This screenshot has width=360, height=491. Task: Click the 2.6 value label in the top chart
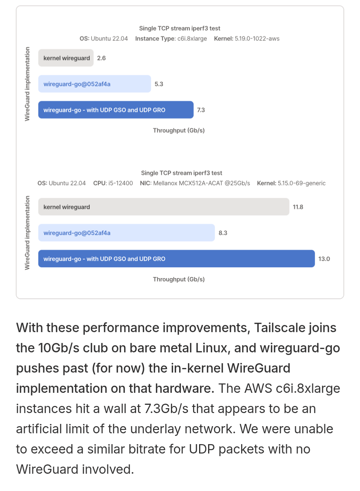coord(101,58)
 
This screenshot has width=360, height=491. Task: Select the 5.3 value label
coord(159,84)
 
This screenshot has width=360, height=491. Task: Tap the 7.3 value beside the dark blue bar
coord(201,110)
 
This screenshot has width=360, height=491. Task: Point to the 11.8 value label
coord(298,207)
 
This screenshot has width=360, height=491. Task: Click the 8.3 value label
coord(223,233)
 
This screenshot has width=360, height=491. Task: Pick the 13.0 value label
coord(324,259)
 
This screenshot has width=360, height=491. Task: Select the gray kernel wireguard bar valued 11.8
coord(164,207)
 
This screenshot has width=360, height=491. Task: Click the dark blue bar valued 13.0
coord(177,259)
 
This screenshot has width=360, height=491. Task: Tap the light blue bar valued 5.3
coord(95,84)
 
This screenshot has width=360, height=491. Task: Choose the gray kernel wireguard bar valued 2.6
coord(66,58)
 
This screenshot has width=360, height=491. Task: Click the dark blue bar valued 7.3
coord(116,109)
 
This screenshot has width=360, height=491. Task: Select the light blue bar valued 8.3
coord(126,232)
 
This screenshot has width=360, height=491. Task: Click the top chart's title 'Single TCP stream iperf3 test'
coord(180,28)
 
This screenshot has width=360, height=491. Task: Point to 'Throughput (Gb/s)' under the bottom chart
coord(178,279)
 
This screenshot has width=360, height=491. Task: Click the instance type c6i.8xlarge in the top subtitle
coord(192,39)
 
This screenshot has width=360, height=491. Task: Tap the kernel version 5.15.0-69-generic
coord(301,183)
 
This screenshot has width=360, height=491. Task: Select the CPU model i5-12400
coord(121,183)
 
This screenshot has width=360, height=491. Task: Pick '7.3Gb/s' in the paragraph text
coord(166,409)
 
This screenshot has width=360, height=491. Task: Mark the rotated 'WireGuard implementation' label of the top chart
coord(27,84)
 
